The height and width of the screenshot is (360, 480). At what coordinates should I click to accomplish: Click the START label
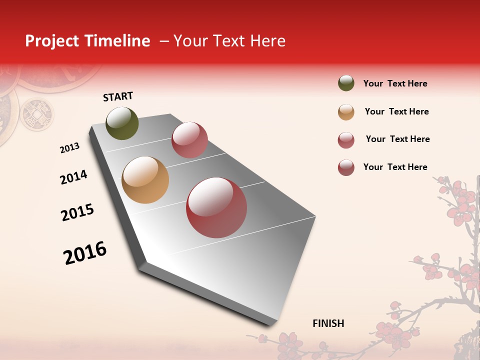(118, 96)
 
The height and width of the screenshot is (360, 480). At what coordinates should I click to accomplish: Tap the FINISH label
(328, 323)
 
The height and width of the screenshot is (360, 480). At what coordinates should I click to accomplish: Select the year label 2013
(69, 148)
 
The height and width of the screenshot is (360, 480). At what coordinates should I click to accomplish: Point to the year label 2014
(73, 177)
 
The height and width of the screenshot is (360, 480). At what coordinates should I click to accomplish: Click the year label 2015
(77, 212)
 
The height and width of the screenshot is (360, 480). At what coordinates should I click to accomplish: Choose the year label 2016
(85, 252)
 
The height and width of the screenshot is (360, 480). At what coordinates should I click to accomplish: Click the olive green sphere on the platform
(122, 123)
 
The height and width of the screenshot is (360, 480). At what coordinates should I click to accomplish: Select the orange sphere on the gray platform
(145, 180)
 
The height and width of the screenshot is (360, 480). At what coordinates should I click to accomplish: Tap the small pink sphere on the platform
(189, 140)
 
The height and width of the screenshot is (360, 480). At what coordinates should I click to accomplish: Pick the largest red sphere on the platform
(216, 207)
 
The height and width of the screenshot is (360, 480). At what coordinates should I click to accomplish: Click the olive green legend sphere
(346, 83)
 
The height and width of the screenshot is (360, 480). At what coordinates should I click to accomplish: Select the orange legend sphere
(346, 112)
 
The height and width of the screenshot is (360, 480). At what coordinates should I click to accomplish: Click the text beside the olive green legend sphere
(395, 83)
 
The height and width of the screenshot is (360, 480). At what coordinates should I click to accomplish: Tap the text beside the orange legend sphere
(396, 111)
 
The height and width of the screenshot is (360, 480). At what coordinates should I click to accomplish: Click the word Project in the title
(52, 41)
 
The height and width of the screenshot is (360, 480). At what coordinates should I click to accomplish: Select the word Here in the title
(267, 41)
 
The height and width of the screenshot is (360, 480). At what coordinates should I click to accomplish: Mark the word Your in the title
(190, 41)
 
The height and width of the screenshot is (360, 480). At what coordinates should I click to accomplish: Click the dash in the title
(164, 41)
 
